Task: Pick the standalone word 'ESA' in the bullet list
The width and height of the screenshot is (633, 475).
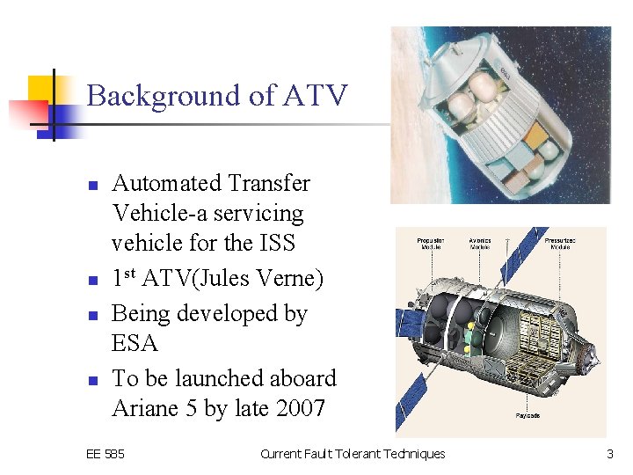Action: tap(135, 343)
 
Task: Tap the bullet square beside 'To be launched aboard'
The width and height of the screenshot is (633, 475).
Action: tap(91, 380)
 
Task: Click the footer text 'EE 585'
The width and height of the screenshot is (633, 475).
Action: tap(105, 454)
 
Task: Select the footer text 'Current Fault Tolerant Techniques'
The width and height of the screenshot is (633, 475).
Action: tap(353, 454)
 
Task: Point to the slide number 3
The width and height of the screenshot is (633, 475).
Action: tap(609, 454)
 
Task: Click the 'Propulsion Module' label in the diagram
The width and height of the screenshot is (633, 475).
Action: tap(431, 244)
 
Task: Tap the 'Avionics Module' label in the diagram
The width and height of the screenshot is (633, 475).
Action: tap(480, 244)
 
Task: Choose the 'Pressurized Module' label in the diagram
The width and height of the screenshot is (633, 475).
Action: tap(560, 244)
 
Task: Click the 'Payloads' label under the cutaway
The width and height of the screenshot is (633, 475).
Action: tap(528, 415)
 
